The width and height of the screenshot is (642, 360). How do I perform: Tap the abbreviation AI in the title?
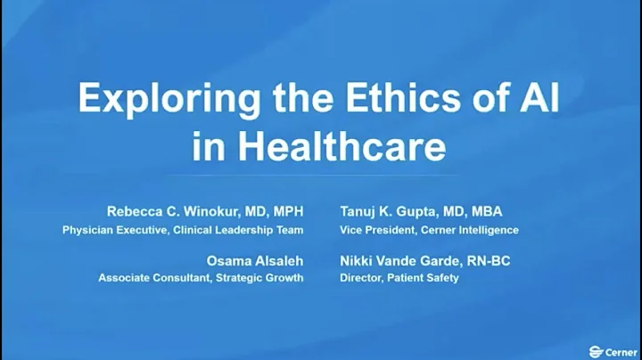click(537, 100)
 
